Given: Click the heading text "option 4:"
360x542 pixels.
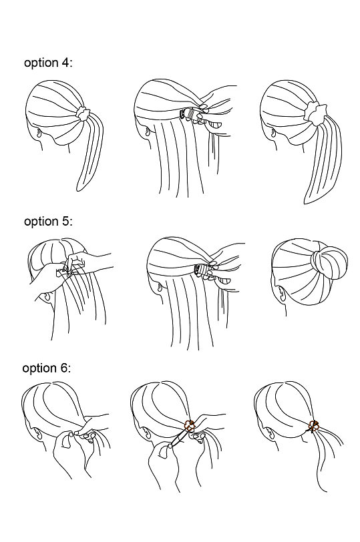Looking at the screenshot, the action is (x=48, y=63).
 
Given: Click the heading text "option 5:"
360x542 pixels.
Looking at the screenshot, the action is (x=48, y=221).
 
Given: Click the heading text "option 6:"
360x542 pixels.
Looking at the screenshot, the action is (x=46, y=368).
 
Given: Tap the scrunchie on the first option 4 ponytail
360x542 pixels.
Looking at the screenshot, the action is (x=83, y=113).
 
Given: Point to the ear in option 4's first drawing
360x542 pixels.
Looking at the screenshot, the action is (x=39, y=133).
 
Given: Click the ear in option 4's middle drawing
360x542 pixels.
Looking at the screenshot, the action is (x=148, y=131).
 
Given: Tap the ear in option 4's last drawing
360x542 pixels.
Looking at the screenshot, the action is (x=273, y=132).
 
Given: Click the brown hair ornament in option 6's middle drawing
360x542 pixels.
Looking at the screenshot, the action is (x=190, y=425).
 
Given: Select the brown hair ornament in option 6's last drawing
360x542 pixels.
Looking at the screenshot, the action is (x=313, y=426).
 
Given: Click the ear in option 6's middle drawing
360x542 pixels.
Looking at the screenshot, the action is (x=146, y=433).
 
